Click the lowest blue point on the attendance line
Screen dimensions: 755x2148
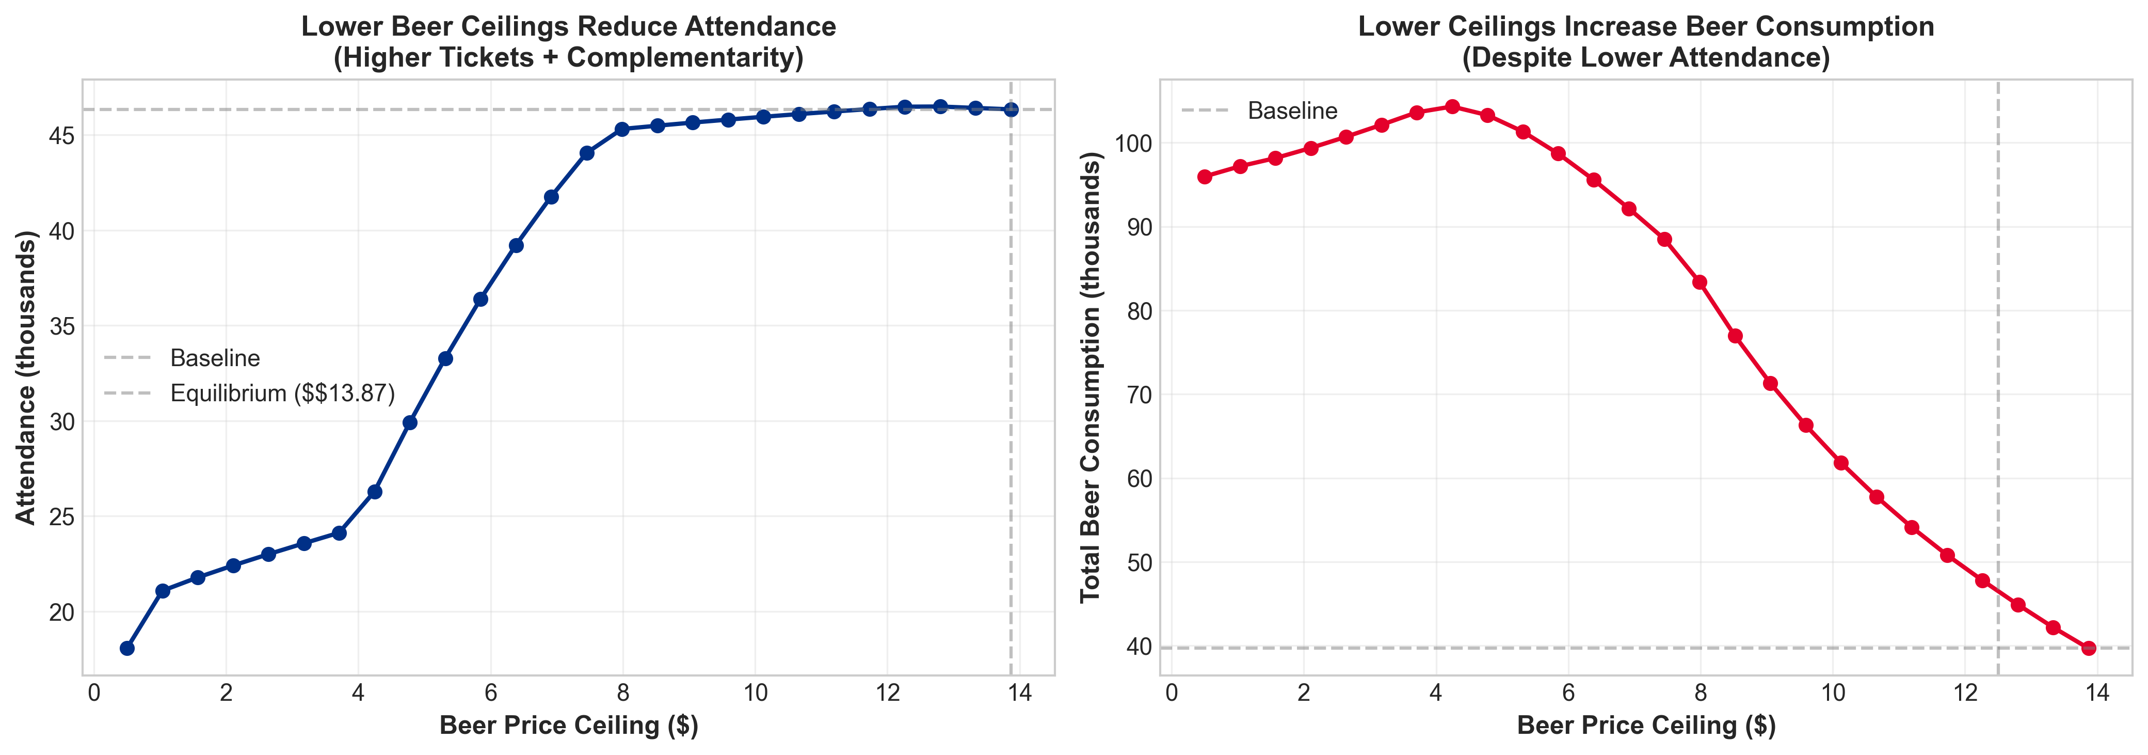click(127, 648)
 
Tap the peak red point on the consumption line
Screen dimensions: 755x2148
click(1452, 107)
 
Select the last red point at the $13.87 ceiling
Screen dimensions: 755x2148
click(2088, 648)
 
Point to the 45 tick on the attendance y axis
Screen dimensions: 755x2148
click(62, 136)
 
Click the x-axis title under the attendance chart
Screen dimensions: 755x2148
click(569, 726)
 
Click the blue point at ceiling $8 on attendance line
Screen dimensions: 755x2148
click(622, 129)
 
